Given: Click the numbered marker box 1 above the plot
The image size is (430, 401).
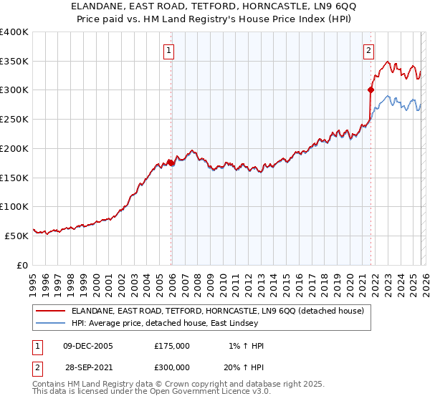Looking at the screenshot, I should point(168,50).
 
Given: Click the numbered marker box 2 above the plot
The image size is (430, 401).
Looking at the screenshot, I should point(368,50).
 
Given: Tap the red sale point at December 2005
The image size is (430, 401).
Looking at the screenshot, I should point(171,163).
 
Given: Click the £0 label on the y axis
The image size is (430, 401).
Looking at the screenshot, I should point(21,265).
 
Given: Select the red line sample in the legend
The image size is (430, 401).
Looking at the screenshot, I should point(50,311).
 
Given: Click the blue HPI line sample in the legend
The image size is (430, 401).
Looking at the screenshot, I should point(50,323).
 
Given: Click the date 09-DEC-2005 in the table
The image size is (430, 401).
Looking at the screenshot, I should point(88,346).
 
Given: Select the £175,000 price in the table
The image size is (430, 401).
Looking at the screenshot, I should point(172,346).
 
